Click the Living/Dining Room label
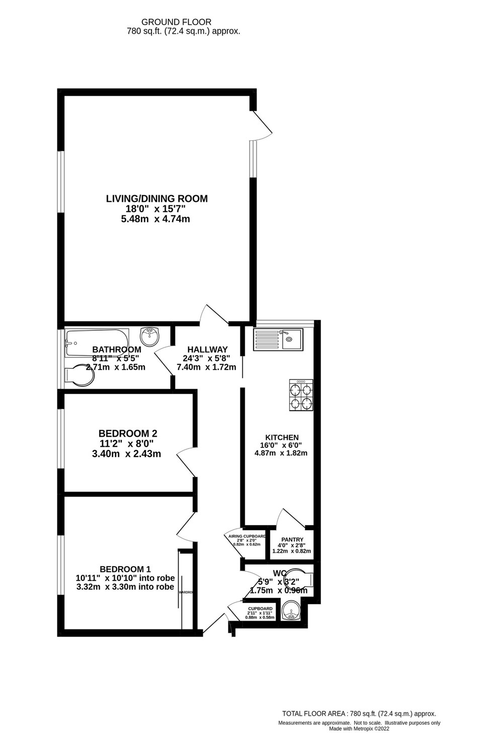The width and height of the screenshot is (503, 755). [x=156, y=198]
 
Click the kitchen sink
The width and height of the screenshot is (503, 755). [x=278, y=339]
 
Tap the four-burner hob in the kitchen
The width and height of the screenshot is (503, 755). [x=301, y=395]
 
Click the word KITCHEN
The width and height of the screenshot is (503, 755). [x=282, y=437]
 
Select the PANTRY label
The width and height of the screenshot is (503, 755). [x=292, y=540]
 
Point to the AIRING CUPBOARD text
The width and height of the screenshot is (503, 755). [x=247, y=536]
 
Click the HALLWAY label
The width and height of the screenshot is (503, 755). [x=207, y=349]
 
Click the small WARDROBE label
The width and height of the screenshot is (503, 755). [x=186, y=592]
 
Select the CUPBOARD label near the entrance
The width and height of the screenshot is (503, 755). [x=260, y=609]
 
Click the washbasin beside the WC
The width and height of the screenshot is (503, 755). [x=291, y=613]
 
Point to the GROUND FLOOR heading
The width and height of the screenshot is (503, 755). [x=176, y=22]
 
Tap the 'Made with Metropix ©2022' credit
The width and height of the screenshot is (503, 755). [x=359, y=728]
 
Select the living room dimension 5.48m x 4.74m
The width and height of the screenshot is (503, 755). [x=155, y=219]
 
